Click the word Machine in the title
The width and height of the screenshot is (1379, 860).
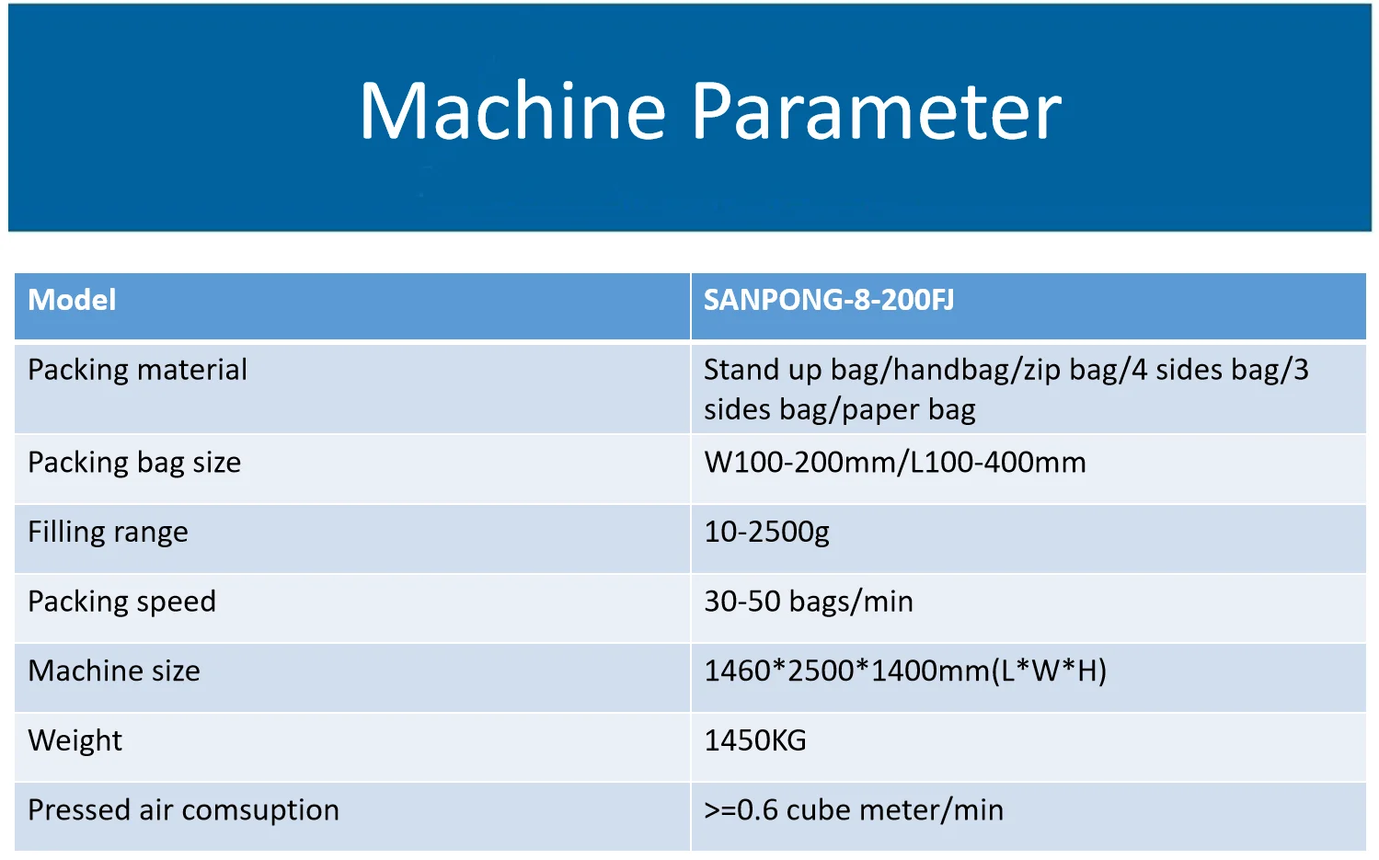[512, 110]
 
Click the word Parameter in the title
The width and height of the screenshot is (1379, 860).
[877, 110]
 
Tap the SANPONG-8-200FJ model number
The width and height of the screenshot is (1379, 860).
[829, 300]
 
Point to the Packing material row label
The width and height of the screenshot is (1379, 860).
[137, 370]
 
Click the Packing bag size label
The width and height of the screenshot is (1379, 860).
[134, 463]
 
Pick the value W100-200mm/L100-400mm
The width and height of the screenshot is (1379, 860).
[895, 463]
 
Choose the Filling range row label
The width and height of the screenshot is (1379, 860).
[108, 532]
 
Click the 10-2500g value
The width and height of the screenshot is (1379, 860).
[766, 532]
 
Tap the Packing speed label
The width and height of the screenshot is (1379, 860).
[122, 602]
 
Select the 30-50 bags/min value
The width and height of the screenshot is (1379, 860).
[809, 602]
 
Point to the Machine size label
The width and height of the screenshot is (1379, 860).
[114, 671]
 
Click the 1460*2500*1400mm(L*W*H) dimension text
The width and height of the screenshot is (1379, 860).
[905, 671]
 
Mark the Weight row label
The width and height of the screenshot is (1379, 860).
[75, 740]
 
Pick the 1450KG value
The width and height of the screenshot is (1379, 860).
[754, 740]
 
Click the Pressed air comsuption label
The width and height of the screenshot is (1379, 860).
[183, 810]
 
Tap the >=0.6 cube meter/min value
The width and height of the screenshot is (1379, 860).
[854, 810]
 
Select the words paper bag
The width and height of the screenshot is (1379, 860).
[909, 410]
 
